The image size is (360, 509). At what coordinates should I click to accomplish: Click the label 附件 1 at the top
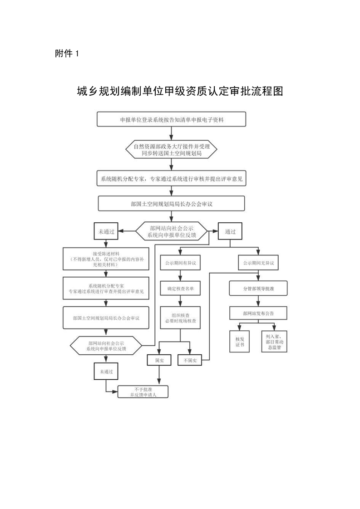point(67,54)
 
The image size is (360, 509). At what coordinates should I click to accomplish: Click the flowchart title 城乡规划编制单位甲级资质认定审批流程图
point(180,92)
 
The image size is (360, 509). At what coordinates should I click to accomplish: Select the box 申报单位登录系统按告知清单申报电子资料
point(172,120)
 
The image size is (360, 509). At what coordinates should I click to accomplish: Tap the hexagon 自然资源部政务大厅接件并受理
point(172,150)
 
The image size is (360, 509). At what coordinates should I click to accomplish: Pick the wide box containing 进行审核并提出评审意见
point(172,179)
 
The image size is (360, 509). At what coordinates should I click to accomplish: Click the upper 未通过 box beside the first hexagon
point(107,231)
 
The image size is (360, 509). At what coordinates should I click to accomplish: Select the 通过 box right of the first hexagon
point(230,231)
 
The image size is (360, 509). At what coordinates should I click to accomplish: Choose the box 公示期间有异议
point(181,262)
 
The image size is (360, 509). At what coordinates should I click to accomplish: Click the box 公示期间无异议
point(258,262)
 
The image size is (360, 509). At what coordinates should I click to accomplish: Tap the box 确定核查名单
point(181,288)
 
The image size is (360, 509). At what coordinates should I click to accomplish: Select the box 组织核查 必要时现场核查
point(181,318)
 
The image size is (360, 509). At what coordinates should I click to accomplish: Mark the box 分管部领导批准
point(258,288)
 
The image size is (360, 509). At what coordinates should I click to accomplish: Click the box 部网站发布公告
point(258,313)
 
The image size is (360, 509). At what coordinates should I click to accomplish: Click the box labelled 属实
point(158,360)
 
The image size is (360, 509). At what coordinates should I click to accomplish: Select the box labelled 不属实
point(190,360)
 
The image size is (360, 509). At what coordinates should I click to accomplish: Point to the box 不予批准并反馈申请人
point(143,392)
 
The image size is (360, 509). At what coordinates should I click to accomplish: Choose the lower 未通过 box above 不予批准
point(106,371)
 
